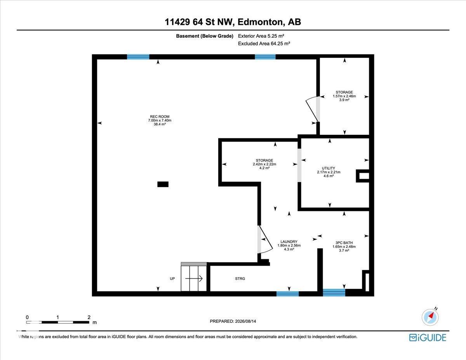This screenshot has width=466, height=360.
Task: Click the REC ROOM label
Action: pos(160,117)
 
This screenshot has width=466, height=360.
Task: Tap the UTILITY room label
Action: pos(328,168)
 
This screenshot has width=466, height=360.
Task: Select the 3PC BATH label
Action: pos(344,243)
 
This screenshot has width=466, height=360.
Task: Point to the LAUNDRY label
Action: pos(289,242)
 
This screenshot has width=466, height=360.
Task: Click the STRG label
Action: pos(240,278)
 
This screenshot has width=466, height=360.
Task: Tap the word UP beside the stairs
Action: pos(172,278)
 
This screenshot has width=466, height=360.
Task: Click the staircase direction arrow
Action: pos(194,278)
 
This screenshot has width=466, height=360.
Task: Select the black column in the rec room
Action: pos(163,184)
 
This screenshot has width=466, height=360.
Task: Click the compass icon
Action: pos(430,317)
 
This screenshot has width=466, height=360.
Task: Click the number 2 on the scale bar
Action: pos(89,317)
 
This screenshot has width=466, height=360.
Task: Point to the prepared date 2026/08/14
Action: pos(245,321)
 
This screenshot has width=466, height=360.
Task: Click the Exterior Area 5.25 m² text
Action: pos(261,36)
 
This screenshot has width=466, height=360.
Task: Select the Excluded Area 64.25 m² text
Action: pos(264,43)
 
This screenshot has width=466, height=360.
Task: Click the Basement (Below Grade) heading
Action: pos(205,36)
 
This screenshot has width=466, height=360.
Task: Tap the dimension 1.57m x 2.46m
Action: pos(344,96)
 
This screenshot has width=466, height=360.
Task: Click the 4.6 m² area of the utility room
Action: pos(329,176)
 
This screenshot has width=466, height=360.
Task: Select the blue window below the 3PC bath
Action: pos(334,292)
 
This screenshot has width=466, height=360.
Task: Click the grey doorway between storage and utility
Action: pos(299,165)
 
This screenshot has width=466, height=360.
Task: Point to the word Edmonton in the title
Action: pos(260,22)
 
